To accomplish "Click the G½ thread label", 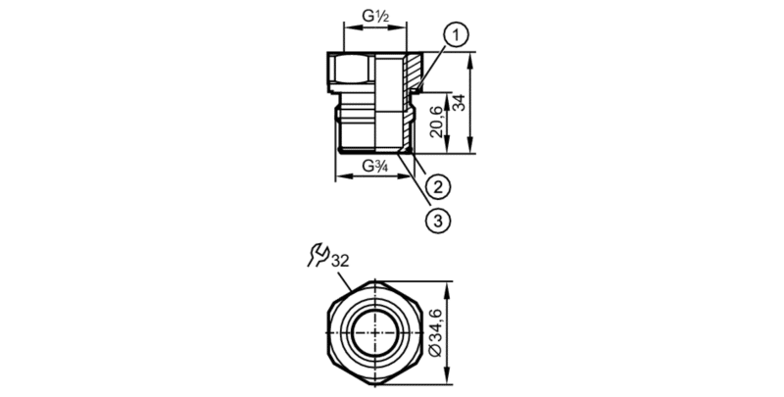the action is click(375, 16).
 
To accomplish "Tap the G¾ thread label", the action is click(374, 166).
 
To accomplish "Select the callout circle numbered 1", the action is click(455, 37).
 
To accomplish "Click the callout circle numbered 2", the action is click(437, 187).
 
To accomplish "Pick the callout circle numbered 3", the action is click(437, 220).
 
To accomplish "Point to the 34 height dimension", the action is click(459, 103).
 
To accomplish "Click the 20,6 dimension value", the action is click(436, 122).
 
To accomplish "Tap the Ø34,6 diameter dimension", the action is click(435, 333).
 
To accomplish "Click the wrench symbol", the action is click(318, 255).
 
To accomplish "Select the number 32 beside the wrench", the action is click(339, 261).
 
